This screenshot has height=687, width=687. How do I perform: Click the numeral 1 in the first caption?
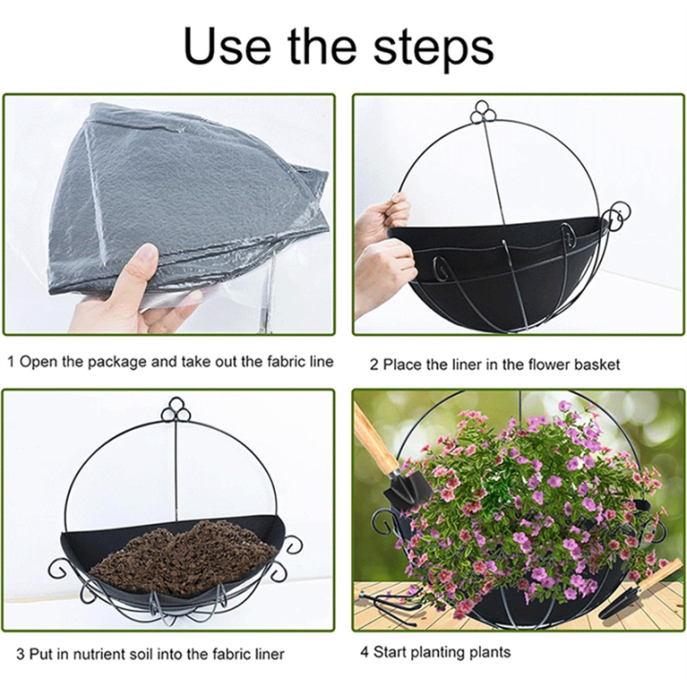10,363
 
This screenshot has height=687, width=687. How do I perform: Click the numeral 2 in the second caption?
375,364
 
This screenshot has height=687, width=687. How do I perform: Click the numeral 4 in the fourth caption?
364,653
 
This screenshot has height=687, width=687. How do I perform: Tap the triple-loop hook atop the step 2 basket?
484,114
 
